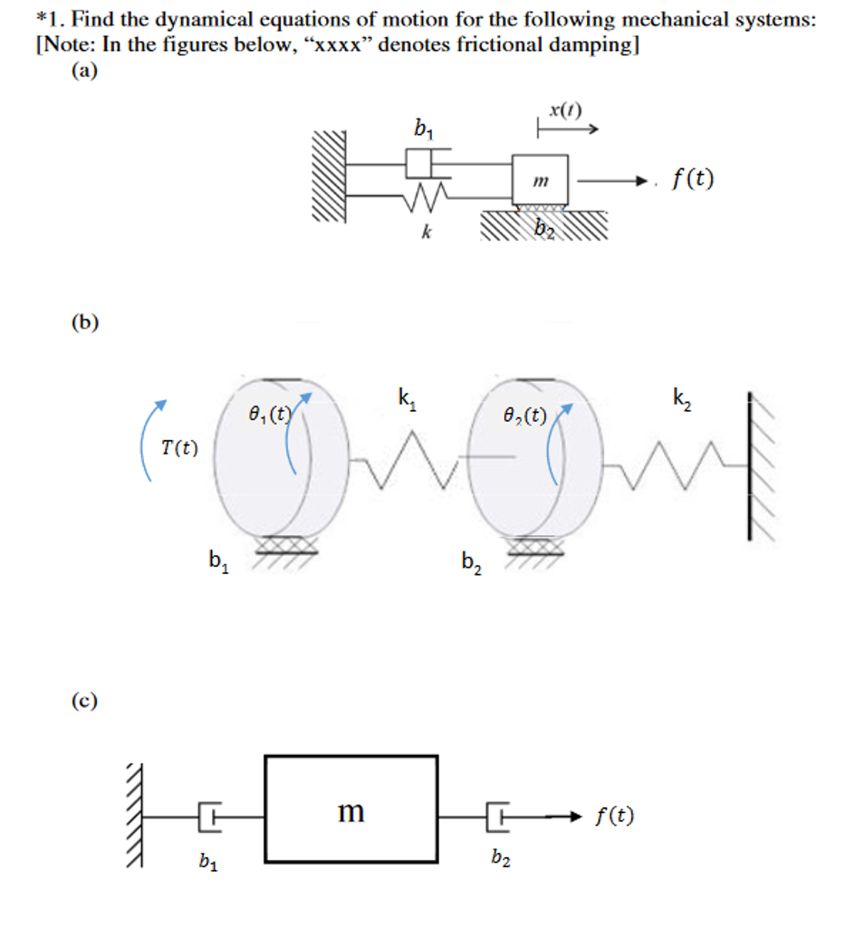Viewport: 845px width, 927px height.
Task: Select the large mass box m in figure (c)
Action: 350,809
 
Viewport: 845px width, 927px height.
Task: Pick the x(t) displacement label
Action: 565,111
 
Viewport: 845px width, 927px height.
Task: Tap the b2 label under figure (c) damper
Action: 500,859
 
